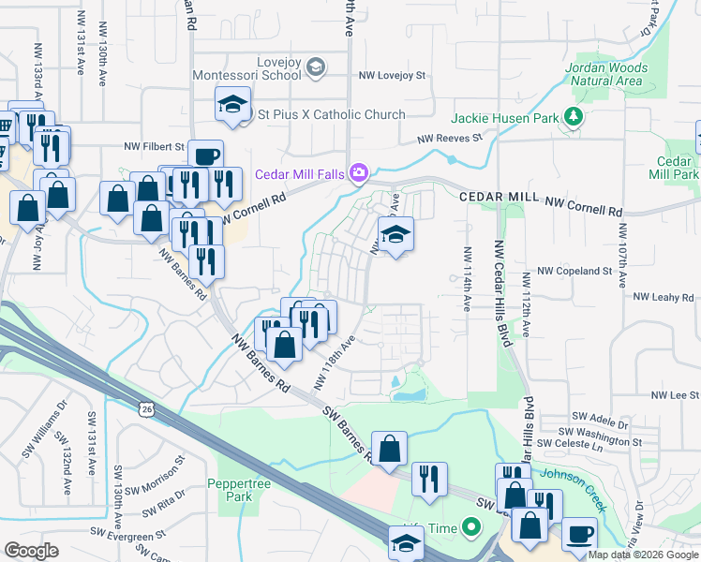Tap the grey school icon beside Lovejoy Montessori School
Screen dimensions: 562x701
[316, 66]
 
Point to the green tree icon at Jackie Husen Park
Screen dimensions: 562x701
[573, 118]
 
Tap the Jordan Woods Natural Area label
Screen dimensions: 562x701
[606, 75]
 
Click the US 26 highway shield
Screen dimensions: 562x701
[145, 408]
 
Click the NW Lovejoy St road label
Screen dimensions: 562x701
[392, 75]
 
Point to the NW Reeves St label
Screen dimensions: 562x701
[449, 138]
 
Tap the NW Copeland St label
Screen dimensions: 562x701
[579, 272]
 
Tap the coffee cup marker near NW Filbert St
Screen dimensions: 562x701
[205, 155]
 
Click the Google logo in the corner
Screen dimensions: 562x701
[31, 551]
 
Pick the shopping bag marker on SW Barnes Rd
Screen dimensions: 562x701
[389, 449]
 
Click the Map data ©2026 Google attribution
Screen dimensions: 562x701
[642, 555]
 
